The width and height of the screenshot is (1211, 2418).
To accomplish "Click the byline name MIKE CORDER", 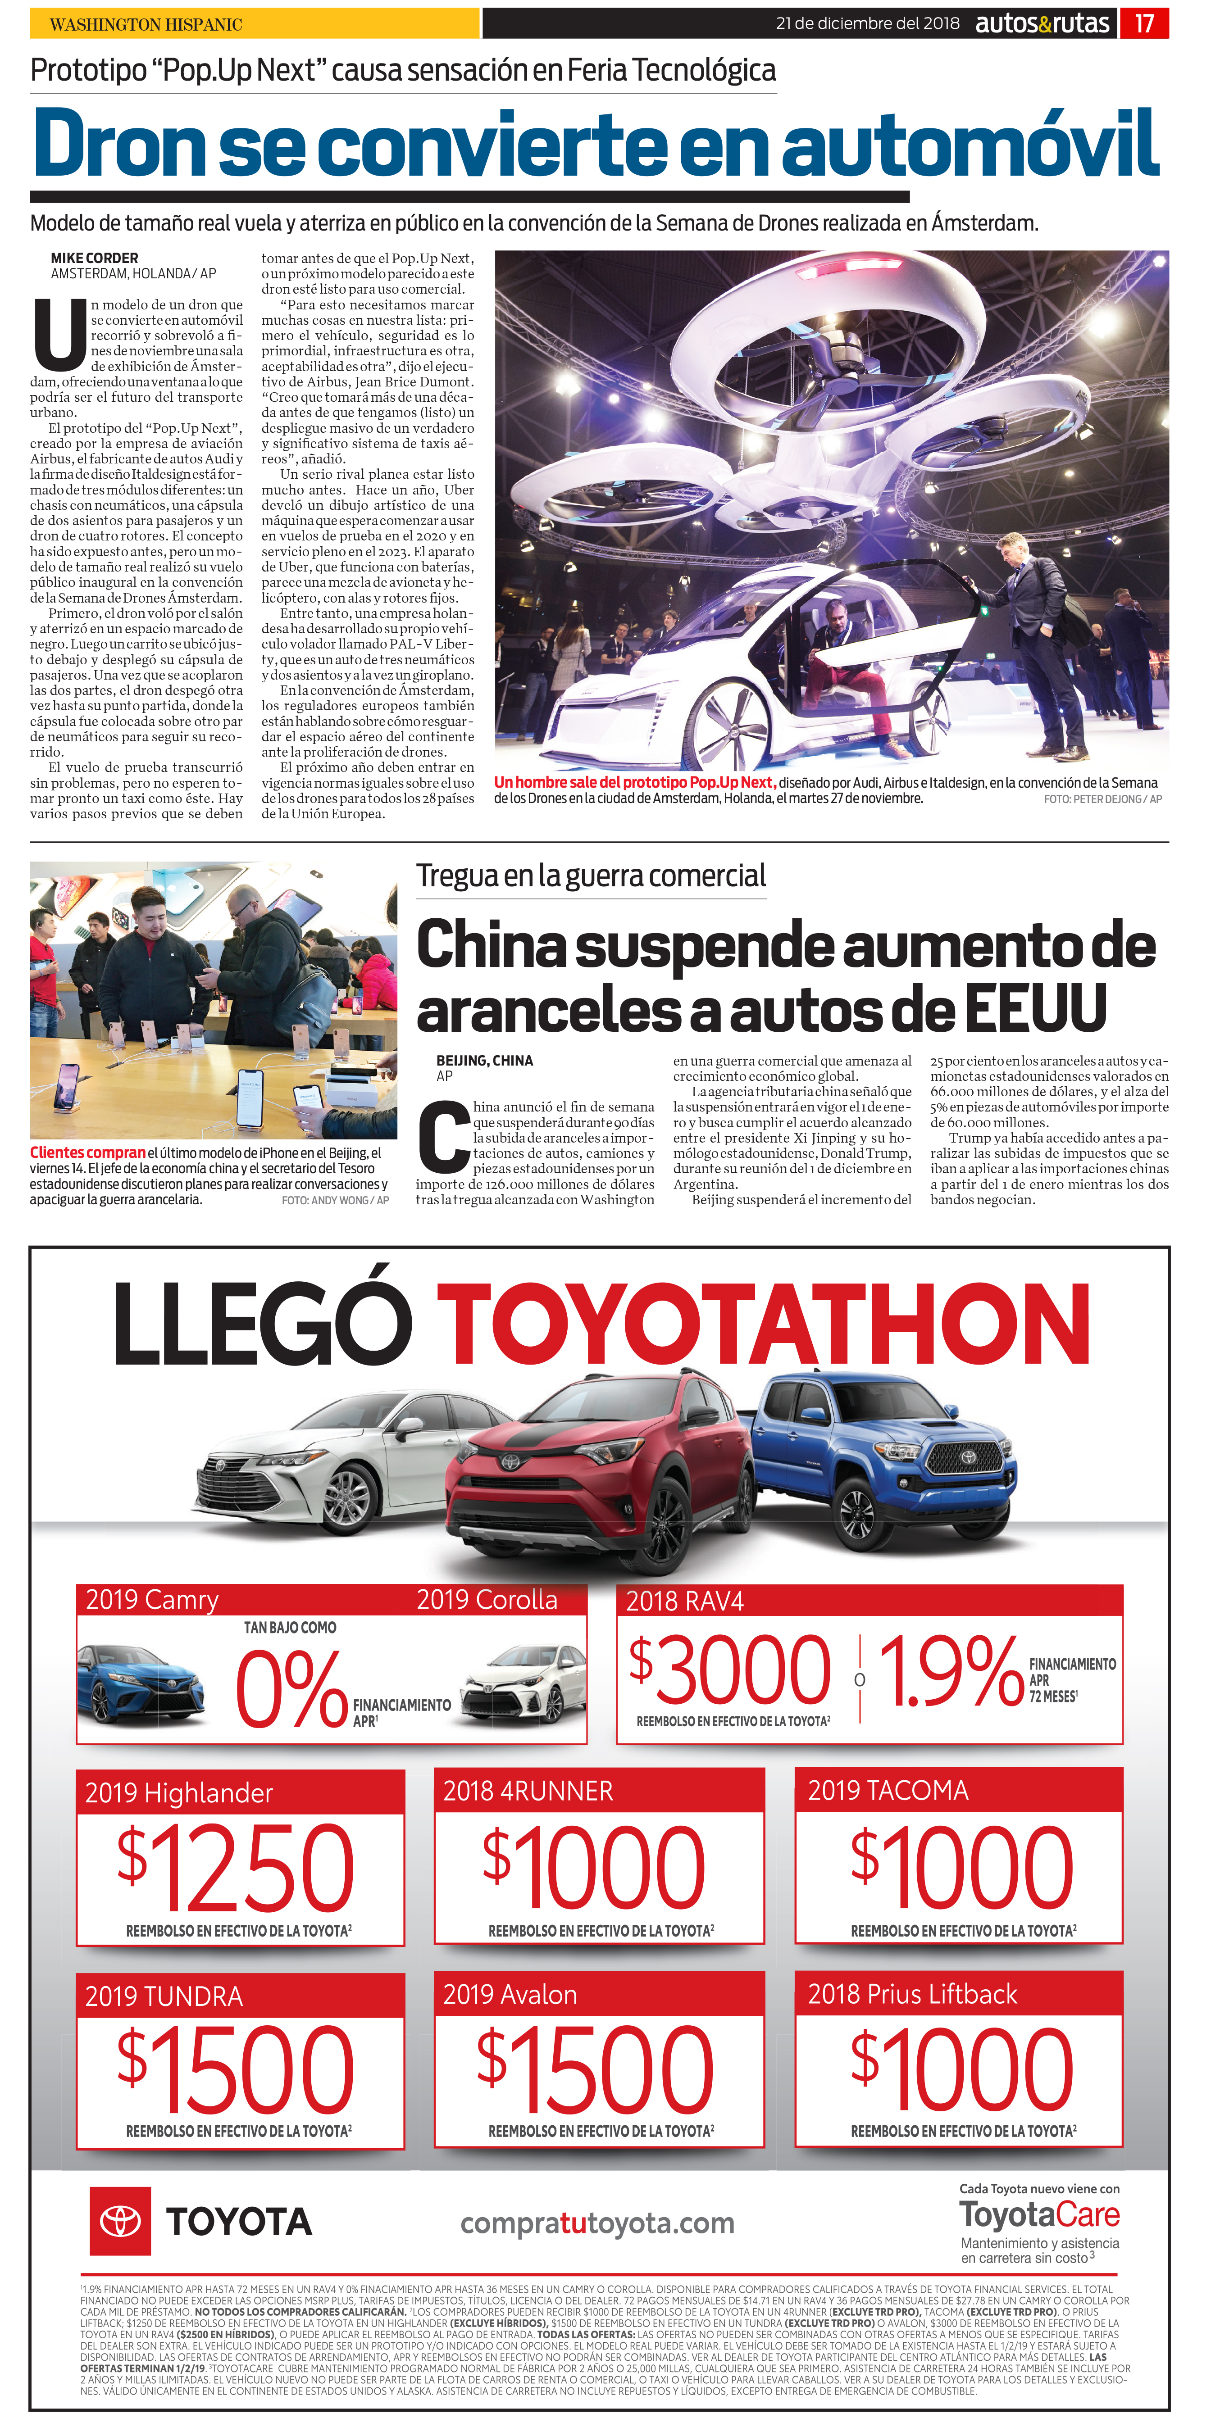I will [x=94, y=258].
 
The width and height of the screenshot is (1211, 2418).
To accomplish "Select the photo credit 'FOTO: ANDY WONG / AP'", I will [x=335, y=1201].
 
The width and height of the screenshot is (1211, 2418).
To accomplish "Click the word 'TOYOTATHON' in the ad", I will [x=762, y=1325].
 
